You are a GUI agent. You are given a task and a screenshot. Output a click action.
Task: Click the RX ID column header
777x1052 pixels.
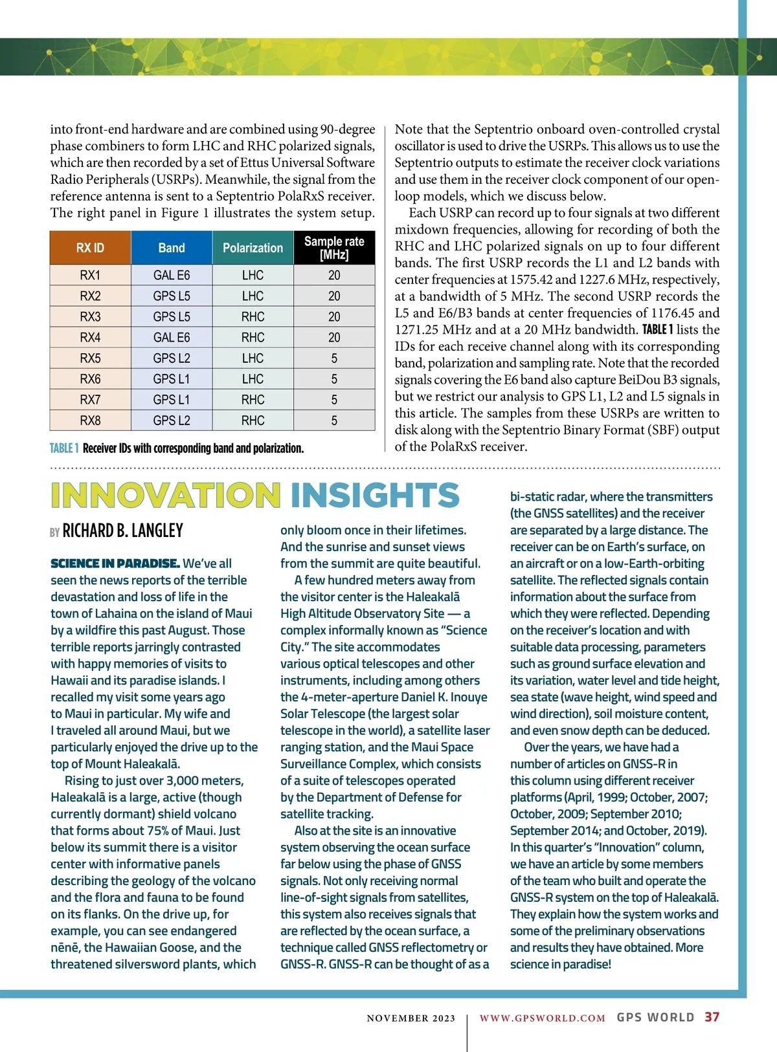point(90,248)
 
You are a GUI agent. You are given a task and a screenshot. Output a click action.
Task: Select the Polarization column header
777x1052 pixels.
point(253,248)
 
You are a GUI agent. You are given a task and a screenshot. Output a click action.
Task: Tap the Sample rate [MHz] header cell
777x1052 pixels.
point(334,248)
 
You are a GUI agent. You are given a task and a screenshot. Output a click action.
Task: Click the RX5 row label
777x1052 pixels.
point(90,358)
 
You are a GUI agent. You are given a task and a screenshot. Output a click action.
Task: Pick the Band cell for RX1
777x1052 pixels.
point(172,275)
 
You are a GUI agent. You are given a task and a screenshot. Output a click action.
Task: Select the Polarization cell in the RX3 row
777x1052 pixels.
point(253,316)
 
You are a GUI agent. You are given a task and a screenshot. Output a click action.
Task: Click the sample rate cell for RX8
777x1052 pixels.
point(334,420)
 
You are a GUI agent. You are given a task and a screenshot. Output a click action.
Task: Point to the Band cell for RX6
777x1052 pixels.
point(172,378)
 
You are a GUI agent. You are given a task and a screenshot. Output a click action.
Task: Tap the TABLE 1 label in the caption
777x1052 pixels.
point(64,448)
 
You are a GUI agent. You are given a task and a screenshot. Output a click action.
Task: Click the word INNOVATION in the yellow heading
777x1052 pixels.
point(166,496)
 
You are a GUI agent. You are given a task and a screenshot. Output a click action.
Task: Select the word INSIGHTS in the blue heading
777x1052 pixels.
point(375,496)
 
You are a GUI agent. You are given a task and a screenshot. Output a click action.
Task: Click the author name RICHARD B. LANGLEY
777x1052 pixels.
point(122,531)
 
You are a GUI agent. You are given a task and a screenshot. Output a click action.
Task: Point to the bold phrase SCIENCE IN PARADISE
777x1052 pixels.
point(115,564)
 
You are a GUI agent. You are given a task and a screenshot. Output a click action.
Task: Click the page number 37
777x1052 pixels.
point(712,1017)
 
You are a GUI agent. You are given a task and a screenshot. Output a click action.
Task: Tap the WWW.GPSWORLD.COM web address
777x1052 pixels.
point(543,1018)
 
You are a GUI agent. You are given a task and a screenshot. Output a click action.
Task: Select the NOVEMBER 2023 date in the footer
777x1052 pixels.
point(411,1018)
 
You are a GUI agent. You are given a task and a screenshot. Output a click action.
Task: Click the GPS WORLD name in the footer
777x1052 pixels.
point(655,1017)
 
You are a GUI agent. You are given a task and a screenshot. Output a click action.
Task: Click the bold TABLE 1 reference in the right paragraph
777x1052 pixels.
point(658,329)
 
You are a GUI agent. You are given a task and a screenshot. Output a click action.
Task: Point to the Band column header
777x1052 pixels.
point(172,248)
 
